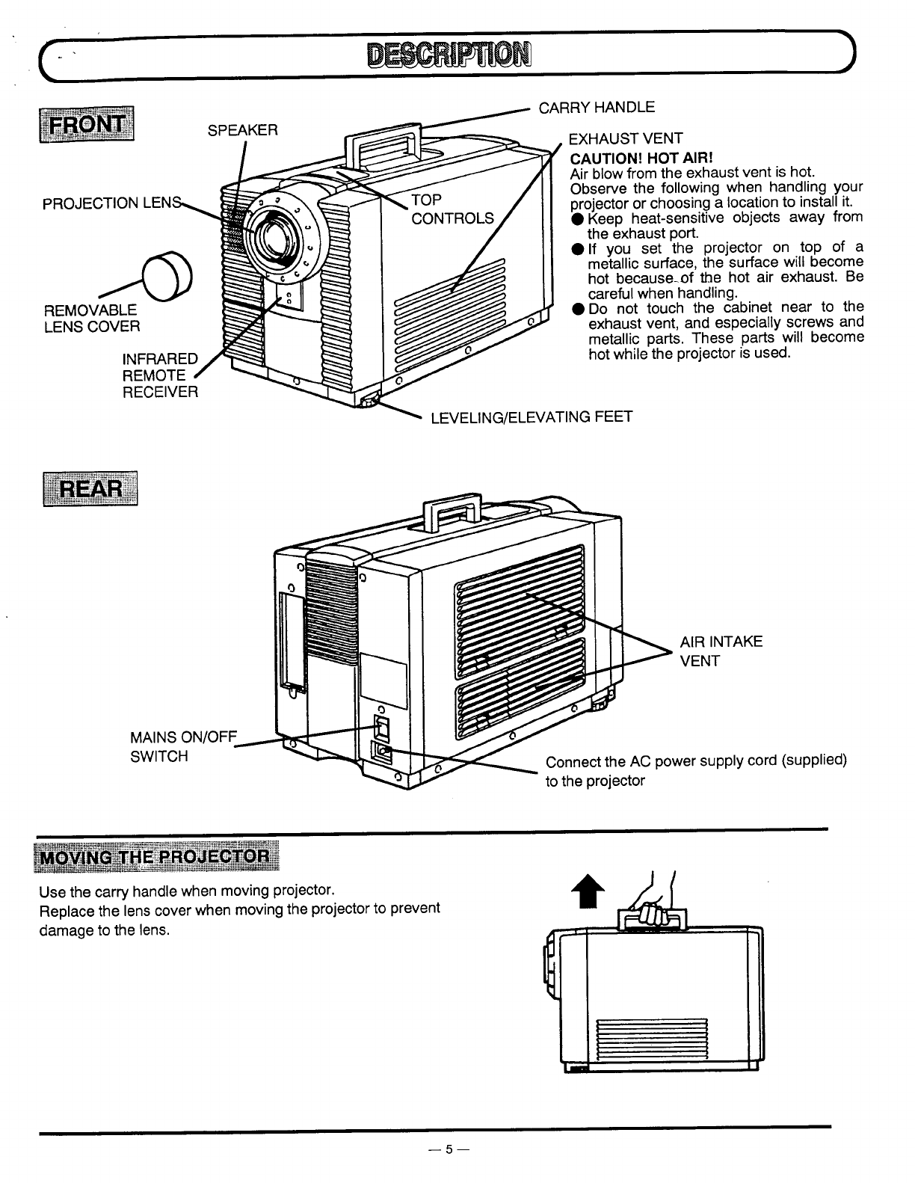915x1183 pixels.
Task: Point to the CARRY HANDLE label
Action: coord(597,107)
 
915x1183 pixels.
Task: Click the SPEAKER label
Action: coord(242,130)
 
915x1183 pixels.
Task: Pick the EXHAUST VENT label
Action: coord(626,138)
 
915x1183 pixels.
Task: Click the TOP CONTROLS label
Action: coord(452,209)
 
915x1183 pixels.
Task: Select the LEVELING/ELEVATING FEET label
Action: coord(532,416)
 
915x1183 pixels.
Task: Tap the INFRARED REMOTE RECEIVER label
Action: coord(160,375)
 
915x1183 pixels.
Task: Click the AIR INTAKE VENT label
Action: coord(721,651)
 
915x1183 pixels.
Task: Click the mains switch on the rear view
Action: coord(381,725)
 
